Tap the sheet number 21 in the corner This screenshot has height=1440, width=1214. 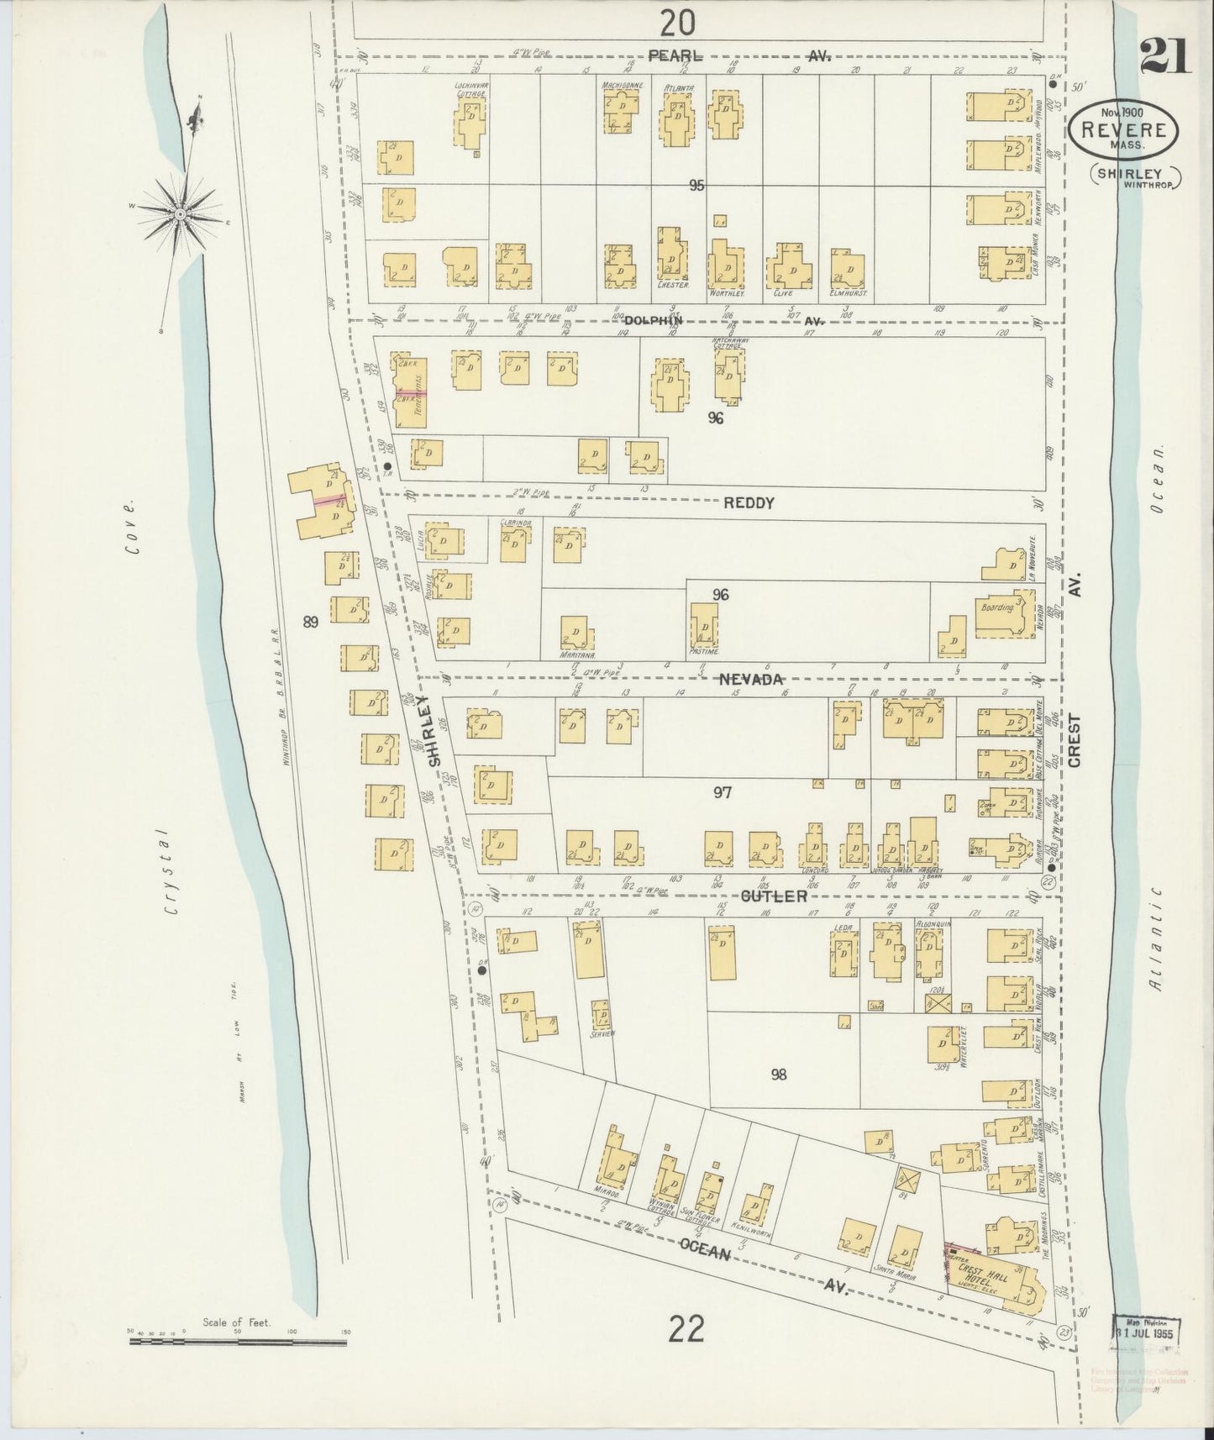point(1164,58)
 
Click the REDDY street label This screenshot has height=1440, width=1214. point(748,503)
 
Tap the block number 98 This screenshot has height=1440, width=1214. point(778,1074)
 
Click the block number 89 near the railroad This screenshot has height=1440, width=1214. point(311,622)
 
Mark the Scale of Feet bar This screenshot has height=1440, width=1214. point(238,1342)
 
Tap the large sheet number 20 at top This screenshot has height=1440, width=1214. point(677,23)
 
